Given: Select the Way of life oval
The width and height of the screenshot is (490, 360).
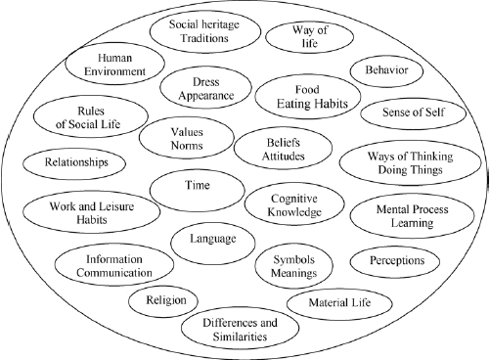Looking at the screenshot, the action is click(305, 37).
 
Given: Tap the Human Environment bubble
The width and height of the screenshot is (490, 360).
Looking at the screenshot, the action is click(109, 66).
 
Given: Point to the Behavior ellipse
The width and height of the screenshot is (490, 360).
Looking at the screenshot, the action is click(392, 70).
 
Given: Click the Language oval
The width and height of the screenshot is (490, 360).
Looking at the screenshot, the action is click(213, 238).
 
